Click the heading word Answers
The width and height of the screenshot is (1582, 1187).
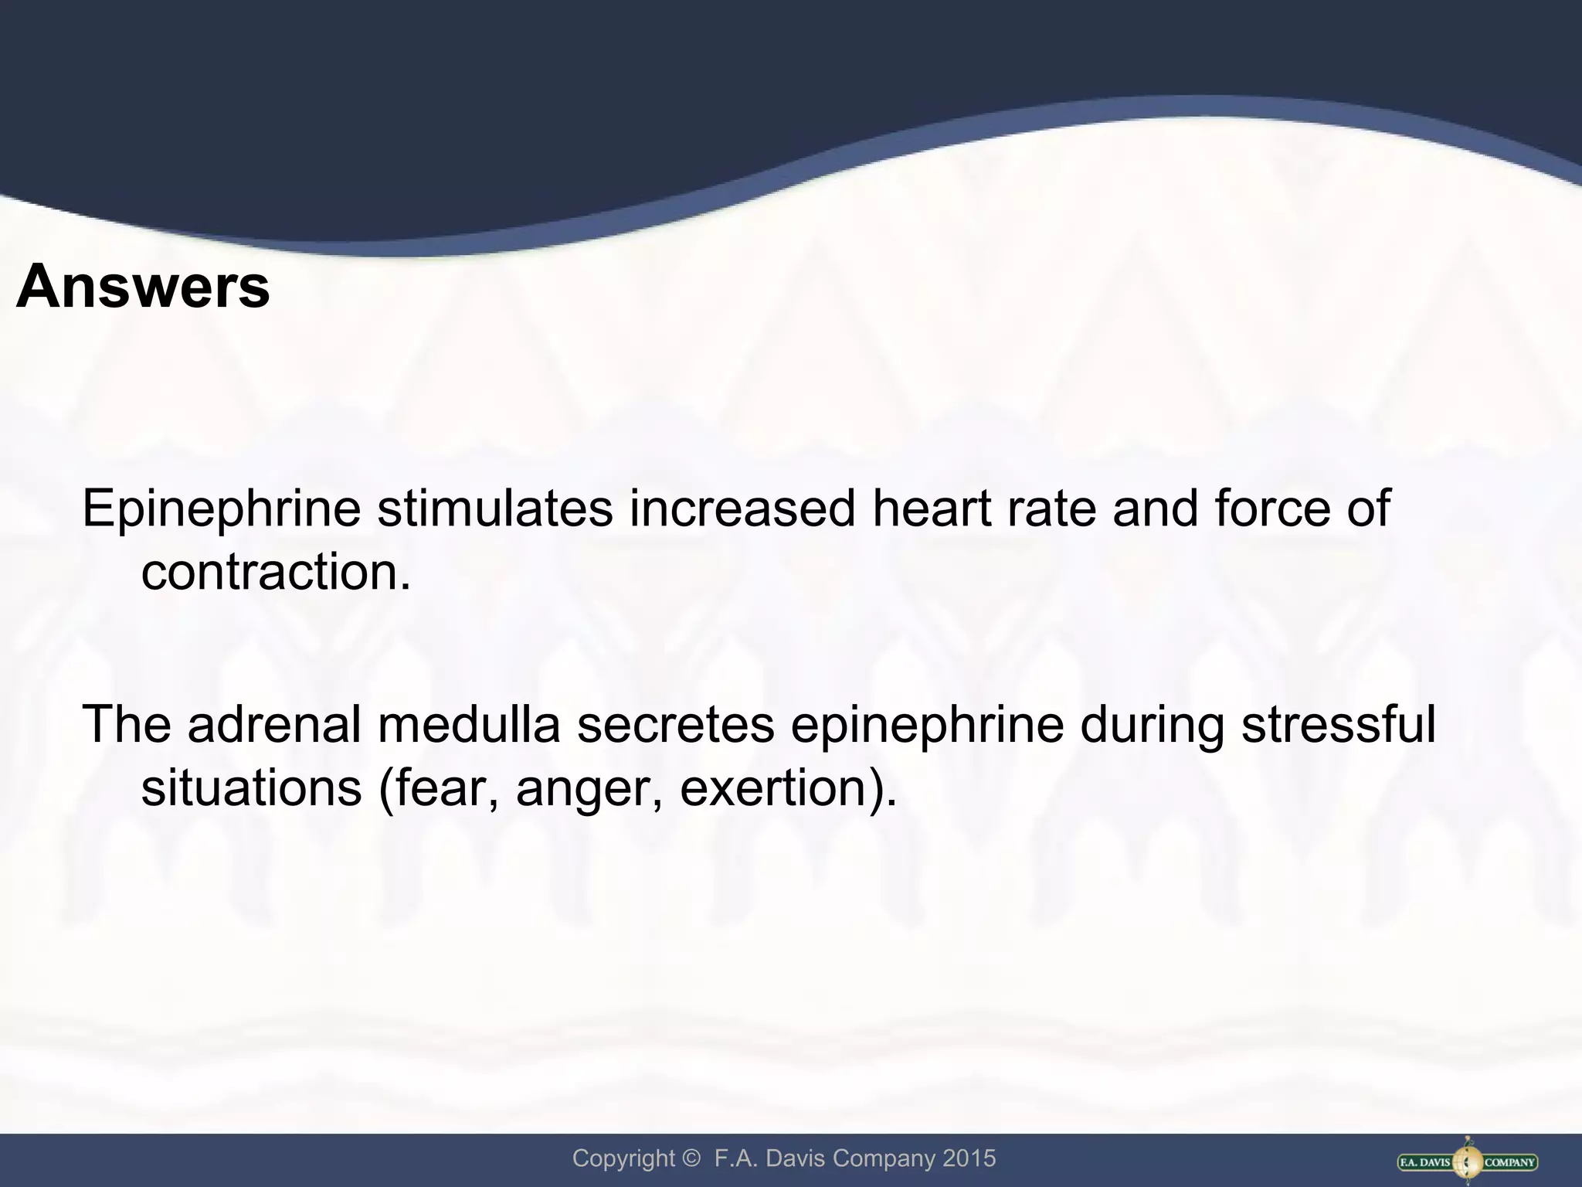[x=143, y=287]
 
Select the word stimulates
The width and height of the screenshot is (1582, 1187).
[x=495, y=508]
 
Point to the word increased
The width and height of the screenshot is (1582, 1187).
[x=742, y=508]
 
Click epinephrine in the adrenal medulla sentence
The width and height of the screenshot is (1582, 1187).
[x=927, y=726]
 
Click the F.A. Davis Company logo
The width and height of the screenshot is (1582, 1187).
[x=1468, y=1161]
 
